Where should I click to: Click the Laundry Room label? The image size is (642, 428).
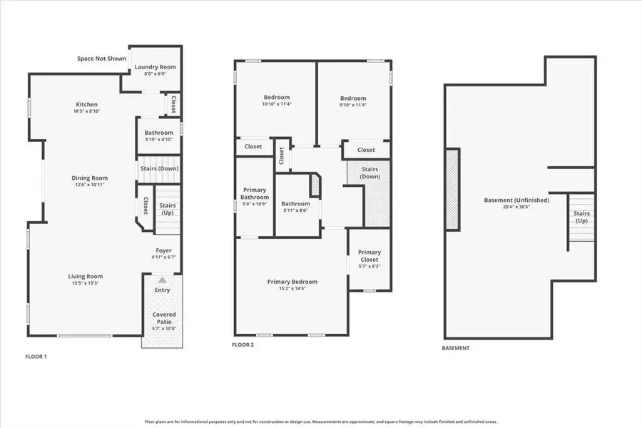155,67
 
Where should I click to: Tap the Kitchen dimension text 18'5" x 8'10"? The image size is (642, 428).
86,111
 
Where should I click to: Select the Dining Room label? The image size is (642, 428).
89,178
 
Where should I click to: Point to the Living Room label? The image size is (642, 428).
86,277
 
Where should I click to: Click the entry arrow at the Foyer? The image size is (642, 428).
163,280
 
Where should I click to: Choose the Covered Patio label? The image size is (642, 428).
163,315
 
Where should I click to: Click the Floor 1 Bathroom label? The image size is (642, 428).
158,133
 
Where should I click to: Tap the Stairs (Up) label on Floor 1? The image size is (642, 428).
168,205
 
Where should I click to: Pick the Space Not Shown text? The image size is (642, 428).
101,58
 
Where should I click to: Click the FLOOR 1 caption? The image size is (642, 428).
36,355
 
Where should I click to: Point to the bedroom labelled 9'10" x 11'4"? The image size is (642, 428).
353,98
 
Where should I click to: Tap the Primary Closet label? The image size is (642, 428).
369,255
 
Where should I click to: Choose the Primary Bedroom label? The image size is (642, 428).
292,282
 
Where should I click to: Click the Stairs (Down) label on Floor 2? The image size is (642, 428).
370,173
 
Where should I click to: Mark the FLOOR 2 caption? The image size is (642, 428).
243,345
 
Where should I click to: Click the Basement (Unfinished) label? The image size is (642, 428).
516,200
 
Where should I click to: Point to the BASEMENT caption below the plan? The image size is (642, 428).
455,348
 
